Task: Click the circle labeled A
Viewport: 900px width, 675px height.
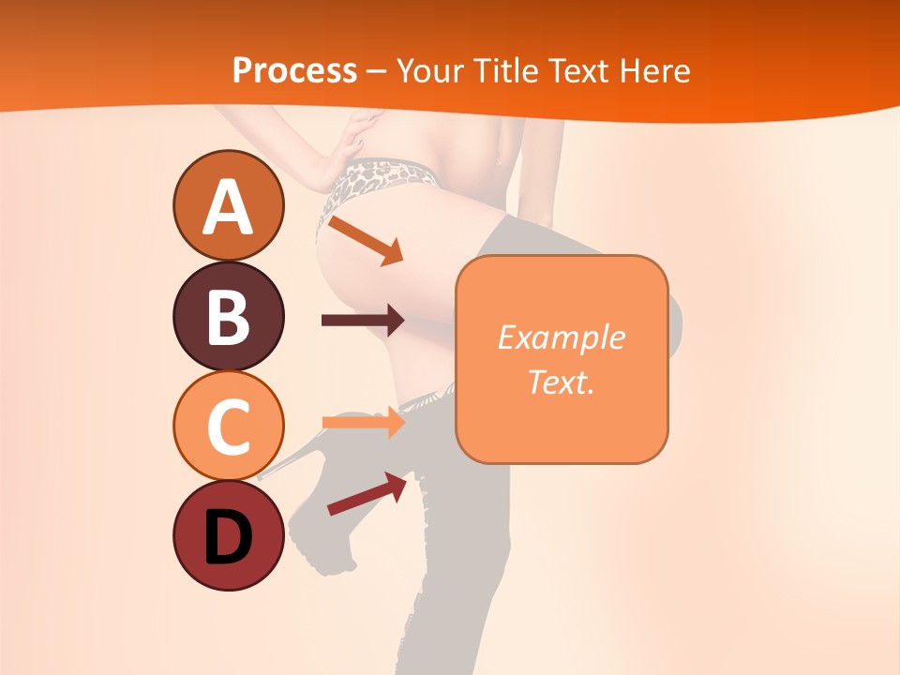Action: [229, 205]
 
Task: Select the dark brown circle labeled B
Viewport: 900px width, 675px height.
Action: [229, 316]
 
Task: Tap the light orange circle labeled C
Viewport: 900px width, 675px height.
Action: [229, 426]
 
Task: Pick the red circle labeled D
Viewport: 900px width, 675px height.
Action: [229, 535]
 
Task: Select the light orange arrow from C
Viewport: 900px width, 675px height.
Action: [363, 422]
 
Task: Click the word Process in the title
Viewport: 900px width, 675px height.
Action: [294, 70]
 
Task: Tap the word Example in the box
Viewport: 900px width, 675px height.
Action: [561, 337]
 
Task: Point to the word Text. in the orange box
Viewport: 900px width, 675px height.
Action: [561, 382]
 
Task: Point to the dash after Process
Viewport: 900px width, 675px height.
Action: [376, 71]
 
